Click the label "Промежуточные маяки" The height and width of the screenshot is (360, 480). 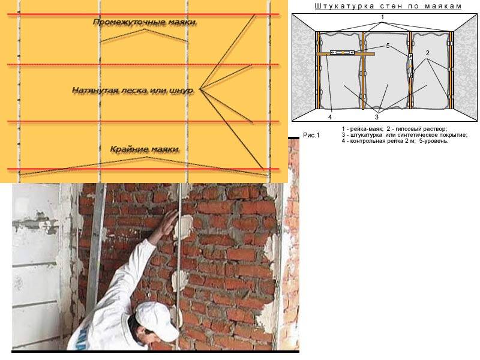coord(144,22)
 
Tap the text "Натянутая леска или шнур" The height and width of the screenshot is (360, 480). coord(133,91)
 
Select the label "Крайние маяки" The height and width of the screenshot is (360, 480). coord(145,149)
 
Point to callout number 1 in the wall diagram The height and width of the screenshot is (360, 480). coord(382,17)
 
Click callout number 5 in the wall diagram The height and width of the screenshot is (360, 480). coord(388,46)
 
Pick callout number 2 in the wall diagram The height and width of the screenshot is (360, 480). coord(427,53)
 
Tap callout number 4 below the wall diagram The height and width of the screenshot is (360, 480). coord(329,117)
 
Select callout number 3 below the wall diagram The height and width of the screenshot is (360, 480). coord(377,117)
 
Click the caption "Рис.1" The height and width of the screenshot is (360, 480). coord(311,135)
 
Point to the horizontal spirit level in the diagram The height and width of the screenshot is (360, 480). coord(342,52)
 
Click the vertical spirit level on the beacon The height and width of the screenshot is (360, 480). coord(410,65)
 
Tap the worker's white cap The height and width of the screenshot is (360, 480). coord(156,319)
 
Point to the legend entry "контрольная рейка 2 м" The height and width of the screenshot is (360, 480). coord(381,141)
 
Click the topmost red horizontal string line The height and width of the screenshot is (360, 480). coord(143,14)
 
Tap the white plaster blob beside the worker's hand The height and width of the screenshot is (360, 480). coord(184,226)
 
